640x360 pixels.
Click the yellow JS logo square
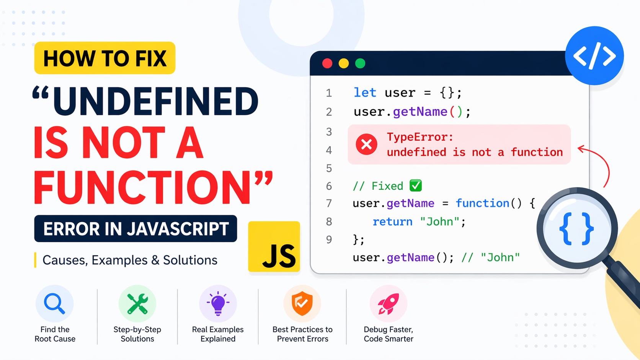[274, 247]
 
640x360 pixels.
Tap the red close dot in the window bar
[327, 64]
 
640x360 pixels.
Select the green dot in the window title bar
[360, 64]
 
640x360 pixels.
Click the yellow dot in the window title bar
[344, 64]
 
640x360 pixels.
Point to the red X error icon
[366, 145]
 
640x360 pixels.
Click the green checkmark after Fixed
[416, 186]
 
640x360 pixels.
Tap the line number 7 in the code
[329, 203]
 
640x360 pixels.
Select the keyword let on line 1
[365, 93]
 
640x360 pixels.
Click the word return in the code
[392, 222]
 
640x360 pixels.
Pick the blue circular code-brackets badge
[594, 56]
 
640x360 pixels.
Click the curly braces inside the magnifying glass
[576, 229]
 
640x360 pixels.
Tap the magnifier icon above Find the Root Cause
[54, 304]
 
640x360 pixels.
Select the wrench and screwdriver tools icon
[137, 304]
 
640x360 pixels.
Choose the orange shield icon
[302, 304]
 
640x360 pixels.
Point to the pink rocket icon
[388, 304]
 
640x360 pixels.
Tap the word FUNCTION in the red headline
[142, 188]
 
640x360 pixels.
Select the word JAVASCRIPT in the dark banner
[178, 229]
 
